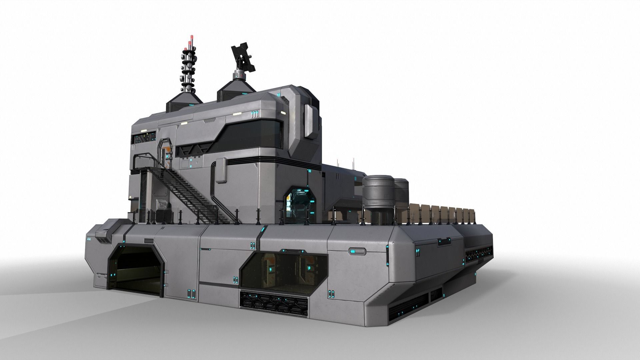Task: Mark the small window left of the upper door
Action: pyautogui.click(x=144, y=137)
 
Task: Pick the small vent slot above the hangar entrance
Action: pyautogui.click(x=149, y=241)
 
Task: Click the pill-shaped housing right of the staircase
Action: pyautogui.click(x=220, y=171)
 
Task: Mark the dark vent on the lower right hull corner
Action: pyautogui.click(x=408, y=304)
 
